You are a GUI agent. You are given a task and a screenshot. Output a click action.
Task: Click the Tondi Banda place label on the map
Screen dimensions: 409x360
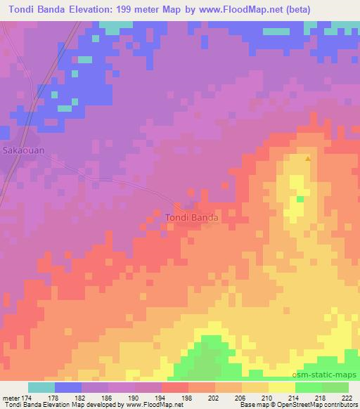tap(192, 218)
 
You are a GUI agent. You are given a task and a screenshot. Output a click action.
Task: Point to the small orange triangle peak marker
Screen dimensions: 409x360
tap(308, 158)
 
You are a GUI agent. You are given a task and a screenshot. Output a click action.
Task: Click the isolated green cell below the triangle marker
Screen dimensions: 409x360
tap(300, 200)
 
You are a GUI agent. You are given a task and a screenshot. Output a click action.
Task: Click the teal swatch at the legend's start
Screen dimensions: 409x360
tap(41, 387)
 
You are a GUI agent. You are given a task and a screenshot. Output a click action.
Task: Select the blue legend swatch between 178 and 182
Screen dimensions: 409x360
tap(68, 387)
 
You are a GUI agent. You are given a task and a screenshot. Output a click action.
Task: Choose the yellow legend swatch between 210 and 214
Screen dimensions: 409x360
tap(282, 387)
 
